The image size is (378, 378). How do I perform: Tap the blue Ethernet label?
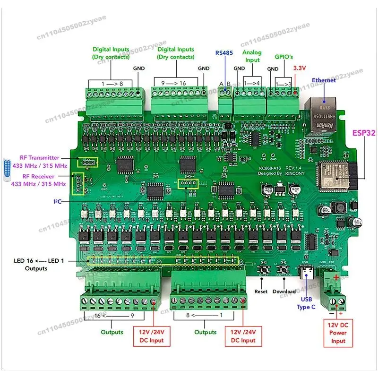[x=323, y=80]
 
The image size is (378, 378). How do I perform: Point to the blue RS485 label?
[x=224, y=52]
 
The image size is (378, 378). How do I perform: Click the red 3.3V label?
[x=301, y=68]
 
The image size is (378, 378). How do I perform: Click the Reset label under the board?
[x=261, y=292]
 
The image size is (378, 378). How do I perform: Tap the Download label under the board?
[x=284, y=292]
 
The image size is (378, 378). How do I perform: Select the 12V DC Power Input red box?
[x=338, y=333]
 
